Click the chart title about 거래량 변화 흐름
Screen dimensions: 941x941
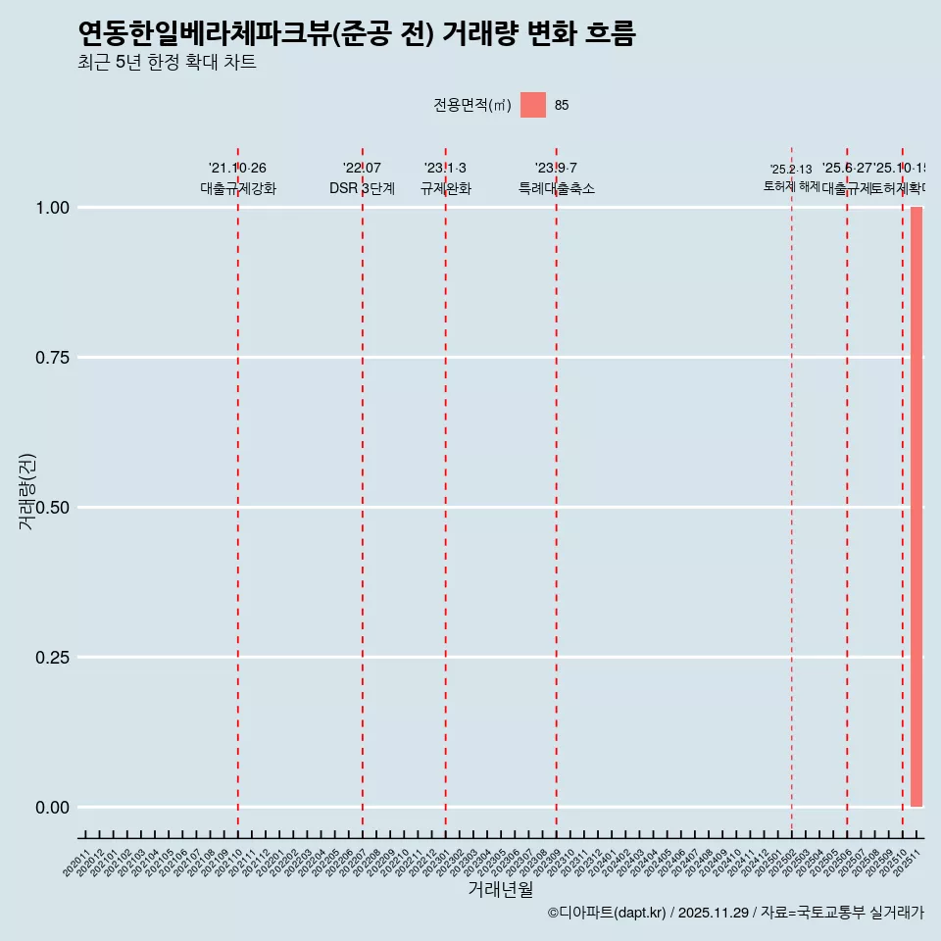(x=357, y=34)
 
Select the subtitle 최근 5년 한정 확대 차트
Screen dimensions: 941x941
(x=167, y=64)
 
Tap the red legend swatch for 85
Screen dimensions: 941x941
(x=533, y=105)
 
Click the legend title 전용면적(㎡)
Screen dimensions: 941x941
(x=472, y=106)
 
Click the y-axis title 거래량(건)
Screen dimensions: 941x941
(x=27, y=490)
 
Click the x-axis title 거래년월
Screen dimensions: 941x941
(x=501, y=890)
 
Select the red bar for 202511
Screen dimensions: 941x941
(x=916, y=507)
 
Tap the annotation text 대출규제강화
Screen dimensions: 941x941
(x=238, y=189)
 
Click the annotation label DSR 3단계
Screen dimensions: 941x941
(x=362, y=189)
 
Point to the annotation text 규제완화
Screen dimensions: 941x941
(x=446, y=189)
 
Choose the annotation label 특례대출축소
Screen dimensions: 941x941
(x=557, y=189)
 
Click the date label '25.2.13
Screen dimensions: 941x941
(x=791, y=170)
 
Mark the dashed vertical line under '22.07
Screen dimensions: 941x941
(x=363, y=490)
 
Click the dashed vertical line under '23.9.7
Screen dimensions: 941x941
(x=557, y=490)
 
